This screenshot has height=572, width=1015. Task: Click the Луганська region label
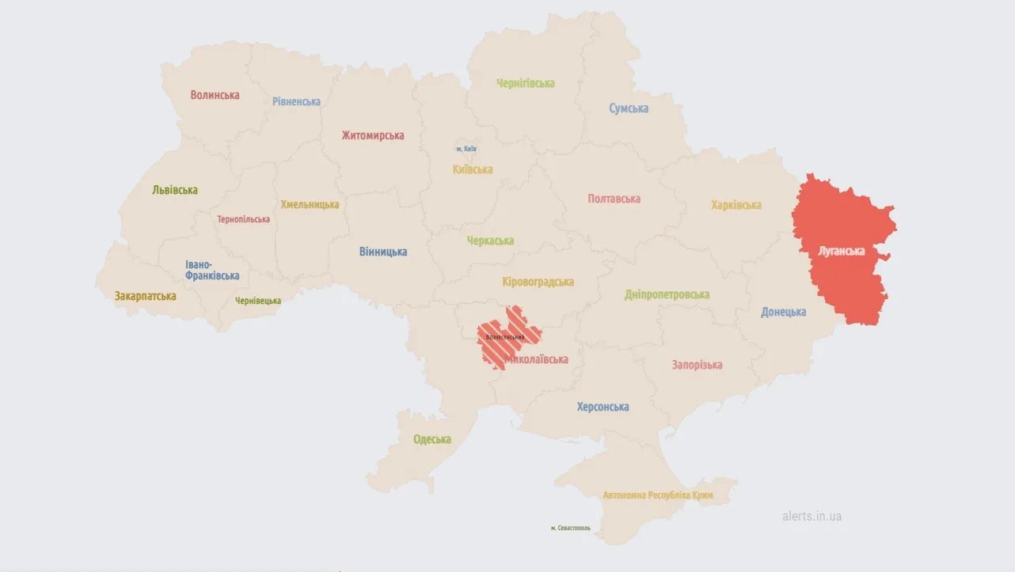(841, 252)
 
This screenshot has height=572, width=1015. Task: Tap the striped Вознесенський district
(507, 337)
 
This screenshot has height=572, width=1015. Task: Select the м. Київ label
(466, 149)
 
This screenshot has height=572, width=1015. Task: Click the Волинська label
(215, 95)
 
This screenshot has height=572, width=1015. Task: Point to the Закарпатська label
(145, 296)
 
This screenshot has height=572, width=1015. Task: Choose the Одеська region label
(432, 439)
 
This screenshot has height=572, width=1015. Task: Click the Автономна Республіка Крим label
(658, 495)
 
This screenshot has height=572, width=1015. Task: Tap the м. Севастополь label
(570, 528)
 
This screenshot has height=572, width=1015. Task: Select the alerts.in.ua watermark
(812, 516)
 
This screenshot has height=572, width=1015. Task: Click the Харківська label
(736, 205)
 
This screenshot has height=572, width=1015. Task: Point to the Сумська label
(629, 108)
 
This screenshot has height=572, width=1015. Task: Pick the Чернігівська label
(526, 83)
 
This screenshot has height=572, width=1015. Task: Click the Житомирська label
(373, 135)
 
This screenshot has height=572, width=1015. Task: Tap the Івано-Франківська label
(212, 270)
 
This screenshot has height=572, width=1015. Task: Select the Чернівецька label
(258, 301)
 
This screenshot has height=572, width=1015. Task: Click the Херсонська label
(603, 407)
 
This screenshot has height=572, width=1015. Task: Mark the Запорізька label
(697, 365)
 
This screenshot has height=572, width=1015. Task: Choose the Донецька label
(783, 312)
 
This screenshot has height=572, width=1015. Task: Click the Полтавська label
(614, 199)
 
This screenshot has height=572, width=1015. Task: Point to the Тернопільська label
(244, 219)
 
